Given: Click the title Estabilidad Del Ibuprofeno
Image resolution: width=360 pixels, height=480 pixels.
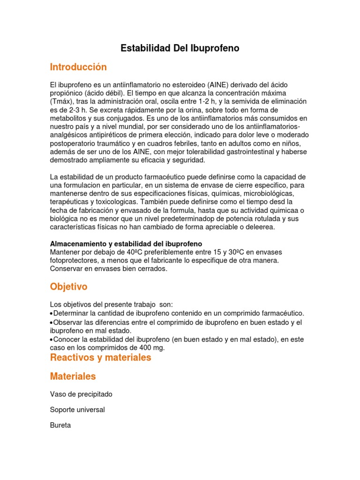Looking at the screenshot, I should click(180, 48).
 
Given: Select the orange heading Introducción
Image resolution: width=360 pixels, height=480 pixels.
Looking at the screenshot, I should click(78, 67).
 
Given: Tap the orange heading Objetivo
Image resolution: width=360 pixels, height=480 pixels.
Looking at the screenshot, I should click(68, 286).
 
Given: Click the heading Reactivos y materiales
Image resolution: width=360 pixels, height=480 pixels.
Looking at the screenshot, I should click(100, 357).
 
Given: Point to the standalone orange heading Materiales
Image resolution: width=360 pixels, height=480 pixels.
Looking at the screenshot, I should click(73, 376).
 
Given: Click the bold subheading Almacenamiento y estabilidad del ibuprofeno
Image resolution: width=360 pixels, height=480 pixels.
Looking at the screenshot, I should click(126, 244).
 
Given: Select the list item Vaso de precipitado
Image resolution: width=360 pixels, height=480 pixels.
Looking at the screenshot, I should click(81, 394).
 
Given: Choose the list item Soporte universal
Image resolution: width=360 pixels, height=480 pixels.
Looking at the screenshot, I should click(77, 410).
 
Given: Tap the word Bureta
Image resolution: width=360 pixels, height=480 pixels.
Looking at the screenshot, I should click(60, 425).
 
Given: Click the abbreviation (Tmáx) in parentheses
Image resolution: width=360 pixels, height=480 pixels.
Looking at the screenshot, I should click(61, 101).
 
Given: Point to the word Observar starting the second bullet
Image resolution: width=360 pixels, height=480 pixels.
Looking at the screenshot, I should click(68, 322).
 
